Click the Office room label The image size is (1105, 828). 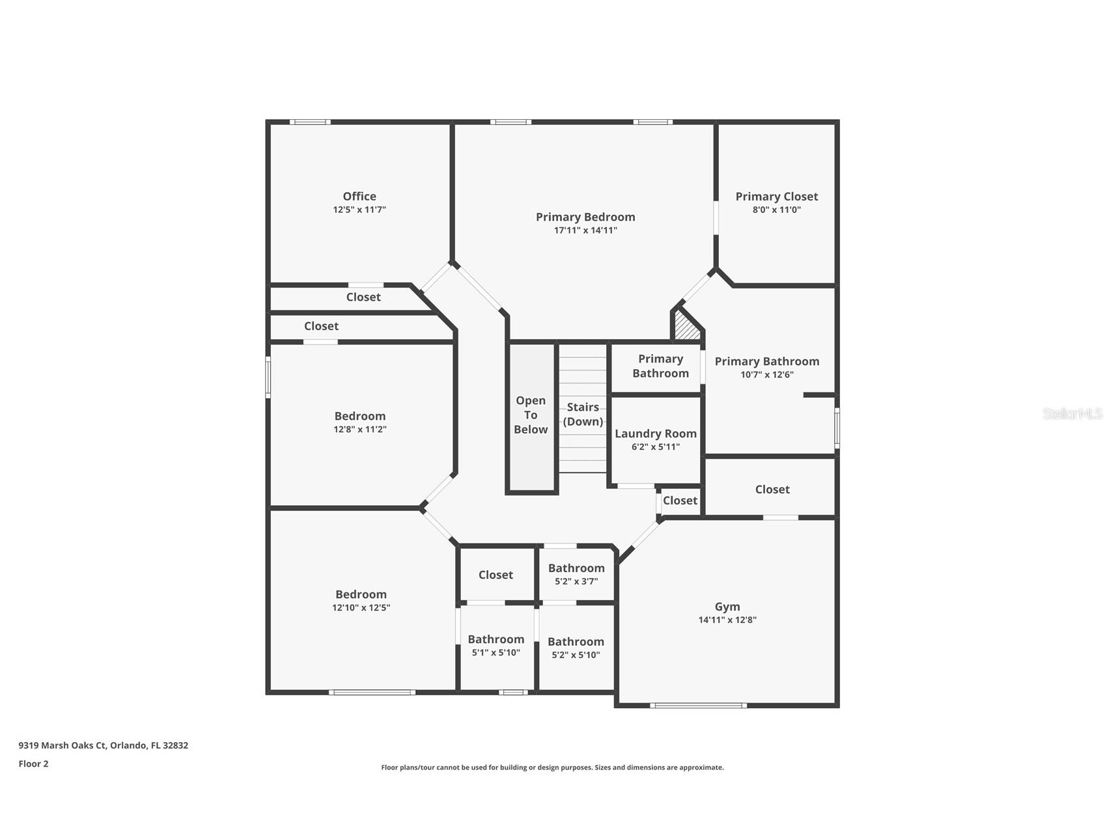coord(359,196)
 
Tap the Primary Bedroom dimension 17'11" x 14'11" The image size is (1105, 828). coord(585,230)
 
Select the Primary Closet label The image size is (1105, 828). coord(776,196)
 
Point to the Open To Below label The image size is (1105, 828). coord(531,415)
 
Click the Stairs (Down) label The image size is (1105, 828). coord(583,414)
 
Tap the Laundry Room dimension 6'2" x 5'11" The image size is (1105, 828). coord(655,447)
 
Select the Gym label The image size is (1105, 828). coord(727,606)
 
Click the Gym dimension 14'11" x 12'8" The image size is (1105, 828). coord(727,620)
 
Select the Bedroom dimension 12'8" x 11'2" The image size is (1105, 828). coord(359,430)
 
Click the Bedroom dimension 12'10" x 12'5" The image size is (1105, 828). coord(361,608)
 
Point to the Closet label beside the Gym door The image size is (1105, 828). coord(680,500)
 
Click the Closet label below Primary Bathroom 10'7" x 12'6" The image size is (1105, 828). coord(772,489)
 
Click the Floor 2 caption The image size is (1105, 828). coord(33,764)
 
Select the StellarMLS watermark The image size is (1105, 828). coord(1072,413)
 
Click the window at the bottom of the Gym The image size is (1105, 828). coord(698,705)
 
